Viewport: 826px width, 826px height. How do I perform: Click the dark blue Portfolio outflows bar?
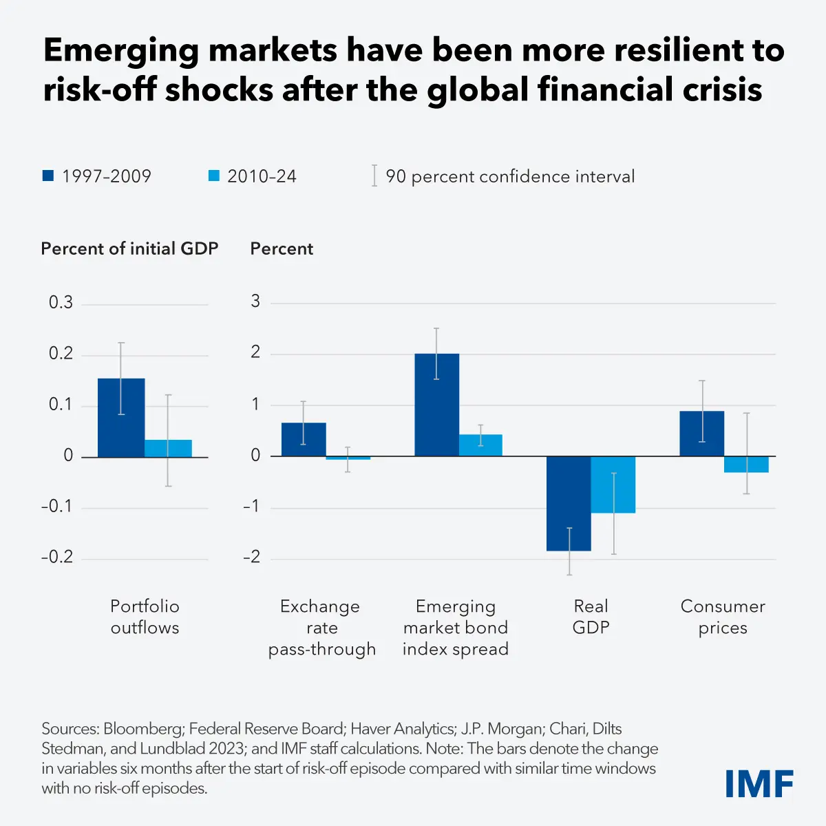[x=121, y=418]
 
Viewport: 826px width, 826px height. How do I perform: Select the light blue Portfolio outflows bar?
[x=168, y=448]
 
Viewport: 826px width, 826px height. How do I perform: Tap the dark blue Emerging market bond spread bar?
[x=436, y=405]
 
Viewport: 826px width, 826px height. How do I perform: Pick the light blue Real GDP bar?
[x=613, y=485]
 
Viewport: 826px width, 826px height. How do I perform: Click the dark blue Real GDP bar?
[x=569, y=503]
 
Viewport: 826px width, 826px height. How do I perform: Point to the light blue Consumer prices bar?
[x=746, y=465]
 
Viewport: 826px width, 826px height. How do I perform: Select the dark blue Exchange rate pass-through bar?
[x=304, y=439]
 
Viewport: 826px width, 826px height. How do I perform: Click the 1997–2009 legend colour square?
[x=48, y=176]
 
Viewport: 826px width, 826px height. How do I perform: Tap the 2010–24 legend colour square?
[x=213, y=176]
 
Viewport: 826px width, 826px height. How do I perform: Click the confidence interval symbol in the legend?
[x=374, y=176]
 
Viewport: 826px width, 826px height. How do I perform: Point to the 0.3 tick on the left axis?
[x=61, y=303]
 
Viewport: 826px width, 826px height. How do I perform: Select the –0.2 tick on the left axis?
[x=57, y=557]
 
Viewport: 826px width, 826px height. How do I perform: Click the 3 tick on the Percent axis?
[x=256, y=301]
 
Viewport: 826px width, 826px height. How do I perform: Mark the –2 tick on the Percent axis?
[x=252, y=557]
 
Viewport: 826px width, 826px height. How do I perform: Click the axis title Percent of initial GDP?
[x=129, y=248]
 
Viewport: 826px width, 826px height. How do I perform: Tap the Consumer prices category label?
[x=723, y=617]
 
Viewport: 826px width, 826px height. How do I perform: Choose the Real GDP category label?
[x=591, y=617]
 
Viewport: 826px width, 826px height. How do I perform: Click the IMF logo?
[x=759, y=784]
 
